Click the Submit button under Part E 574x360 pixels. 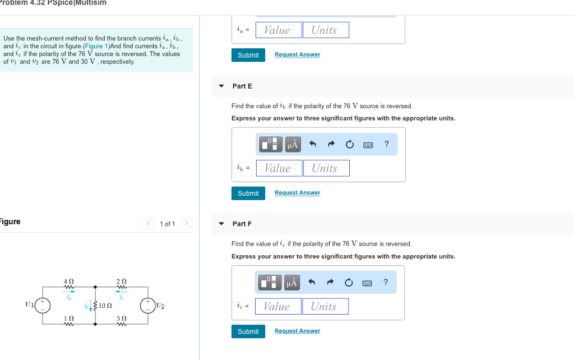(x=248, y=193)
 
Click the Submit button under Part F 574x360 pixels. (x=248, y=331)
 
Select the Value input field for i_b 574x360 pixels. (x=278, y=168)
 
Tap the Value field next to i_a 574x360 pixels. (x=278, y=30)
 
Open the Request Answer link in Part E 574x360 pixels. (x=297, y=193)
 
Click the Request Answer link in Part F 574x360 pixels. (x=297, y=331)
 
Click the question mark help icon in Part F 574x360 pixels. (x=386, y=282)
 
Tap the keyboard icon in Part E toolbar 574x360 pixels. (x=368, y=145)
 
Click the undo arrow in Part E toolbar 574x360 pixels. (x=313, y=145)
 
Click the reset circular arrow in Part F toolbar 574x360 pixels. (x=350, y=283)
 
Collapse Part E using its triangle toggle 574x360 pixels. (x=221, y=86)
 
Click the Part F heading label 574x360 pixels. (x=242, y=224)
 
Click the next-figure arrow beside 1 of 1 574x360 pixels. (x=187, y=224)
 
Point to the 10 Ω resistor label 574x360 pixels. (x=105, y=306)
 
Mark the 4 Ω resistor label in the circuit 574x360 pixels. (x=68, y=281)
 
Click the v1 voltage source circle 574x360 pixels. (x=43, y=305)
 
